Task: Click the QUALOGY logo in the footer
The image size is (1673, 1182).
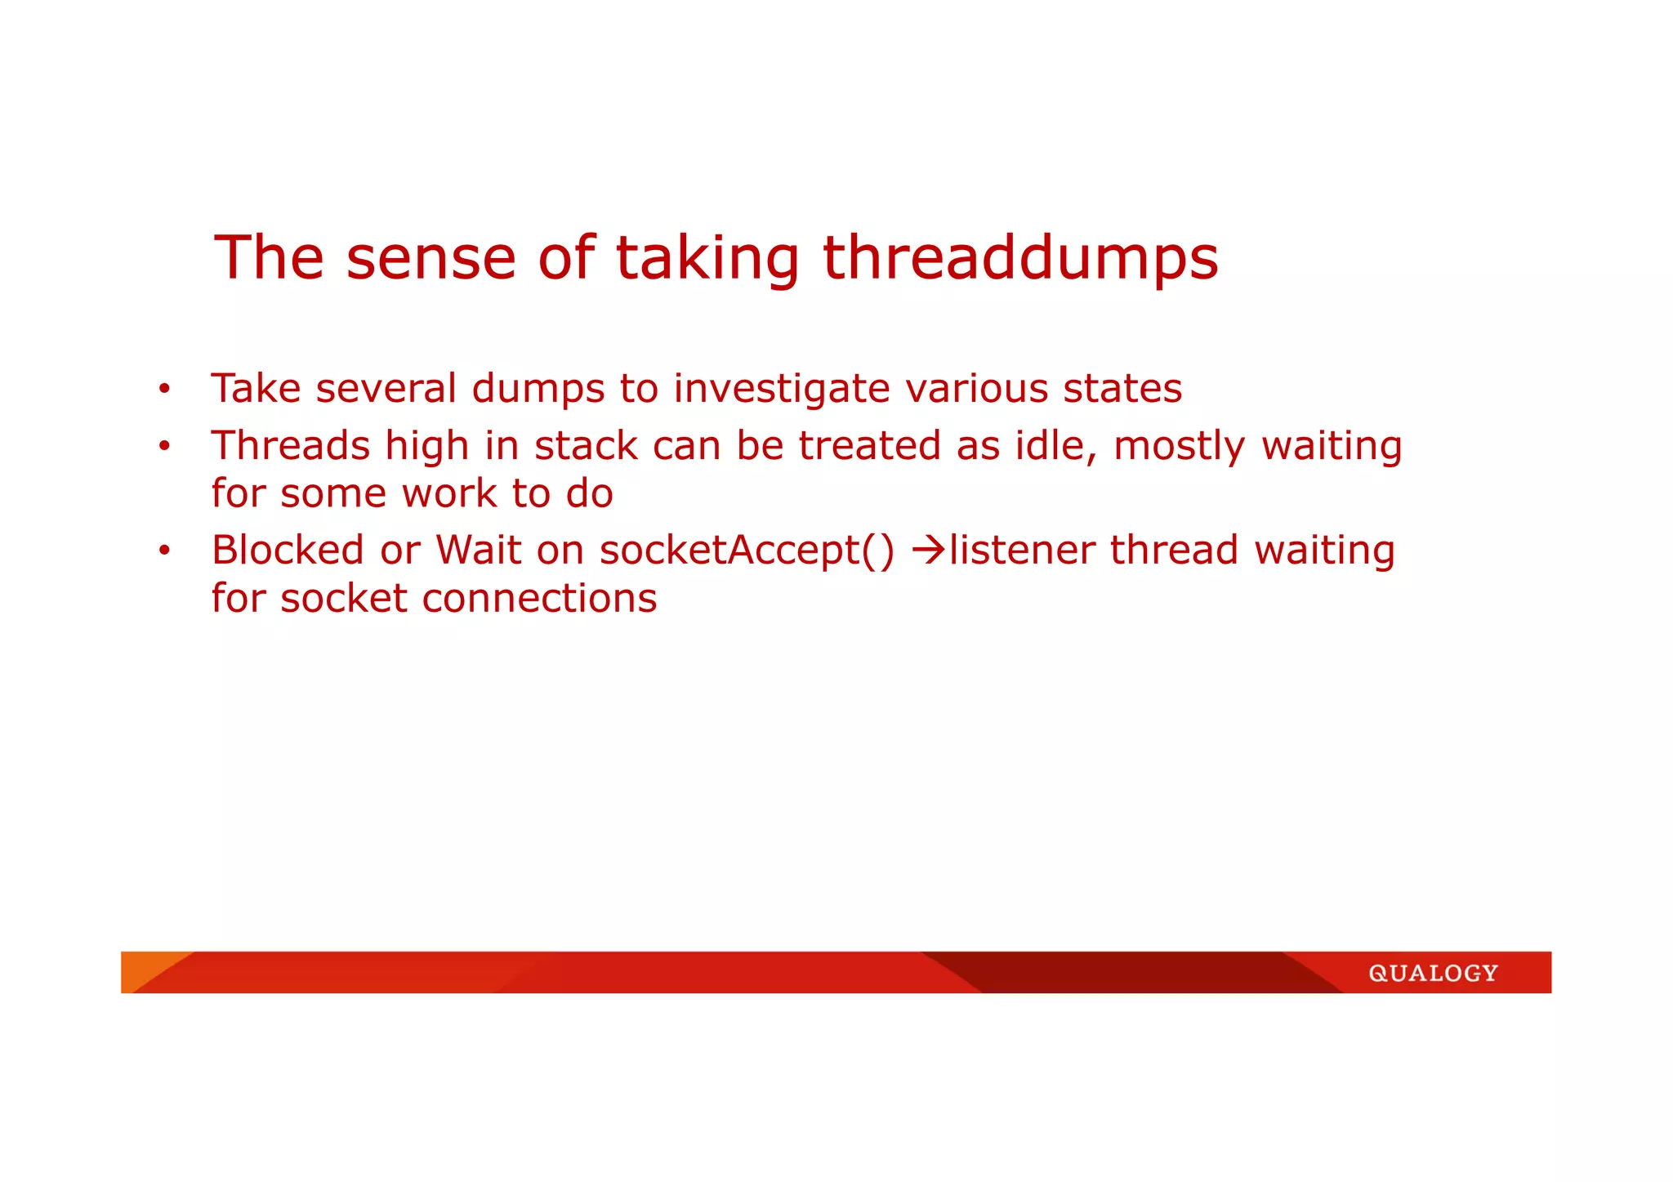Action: coord(1433,973)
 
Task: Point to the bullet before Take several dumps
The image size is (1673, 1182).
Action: coord(164,390)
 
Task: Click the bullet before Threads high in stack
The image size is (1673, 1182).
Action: coord(164,447)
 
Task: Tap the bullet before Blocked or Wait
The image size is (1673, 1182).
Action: coord(164,551)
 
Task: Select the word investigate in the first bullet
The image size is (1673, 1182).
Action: coord(781,390)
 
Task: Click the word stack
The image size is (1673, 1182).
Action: coord(586,447)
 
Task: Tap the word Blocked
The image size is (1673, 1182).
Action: coord(288,551)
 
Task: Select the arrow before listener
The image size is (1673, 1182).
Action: coord(928,551)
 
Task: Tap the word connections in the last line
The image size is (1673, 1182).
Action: coord(539,599)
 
